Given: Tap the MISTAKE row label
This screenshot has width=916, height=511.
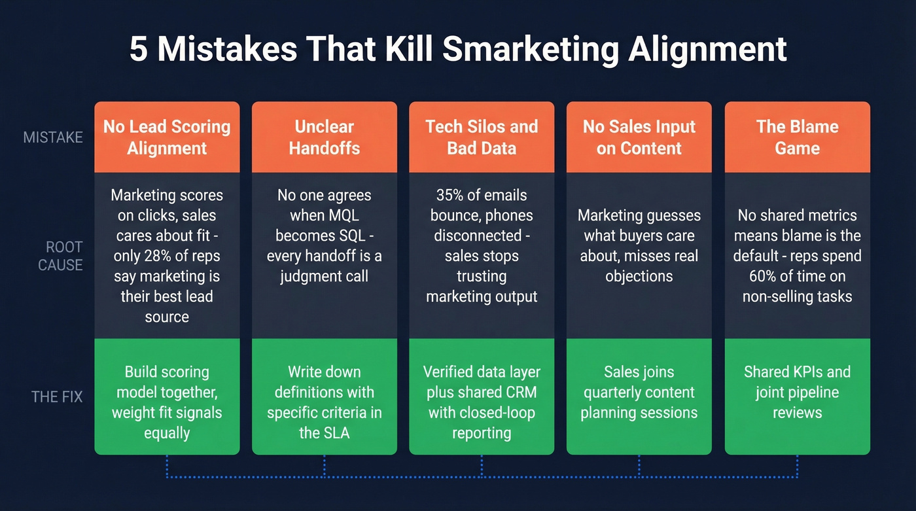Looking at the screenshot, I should click(x=53, y=137).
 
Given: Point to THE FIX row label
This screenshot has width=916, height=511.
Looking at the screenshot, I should click(x=57, y=396).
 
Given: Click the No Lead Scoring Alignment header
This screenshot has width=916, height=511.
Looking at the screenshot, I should click(x=167, y=137).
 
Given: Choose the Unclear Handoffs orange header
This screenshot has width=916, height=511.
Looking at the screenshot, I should click(x=325, y=137).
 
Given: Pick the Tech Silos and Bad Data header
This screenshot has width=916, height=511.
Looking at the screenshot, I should click(x=482, y=137).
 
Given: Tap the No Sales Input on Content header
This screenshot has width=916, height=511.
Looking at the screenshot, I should click(x=639, y=137).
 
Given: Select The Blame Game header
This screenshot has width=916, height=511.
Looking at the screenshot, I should click(x=797, y=137).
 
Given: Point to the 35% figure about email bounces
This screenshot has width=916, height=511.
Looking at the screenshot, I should click(x=451, y=195).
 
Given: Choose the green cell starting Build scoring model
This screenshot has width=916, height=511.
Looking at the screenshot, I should click(x=167, y=402).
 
